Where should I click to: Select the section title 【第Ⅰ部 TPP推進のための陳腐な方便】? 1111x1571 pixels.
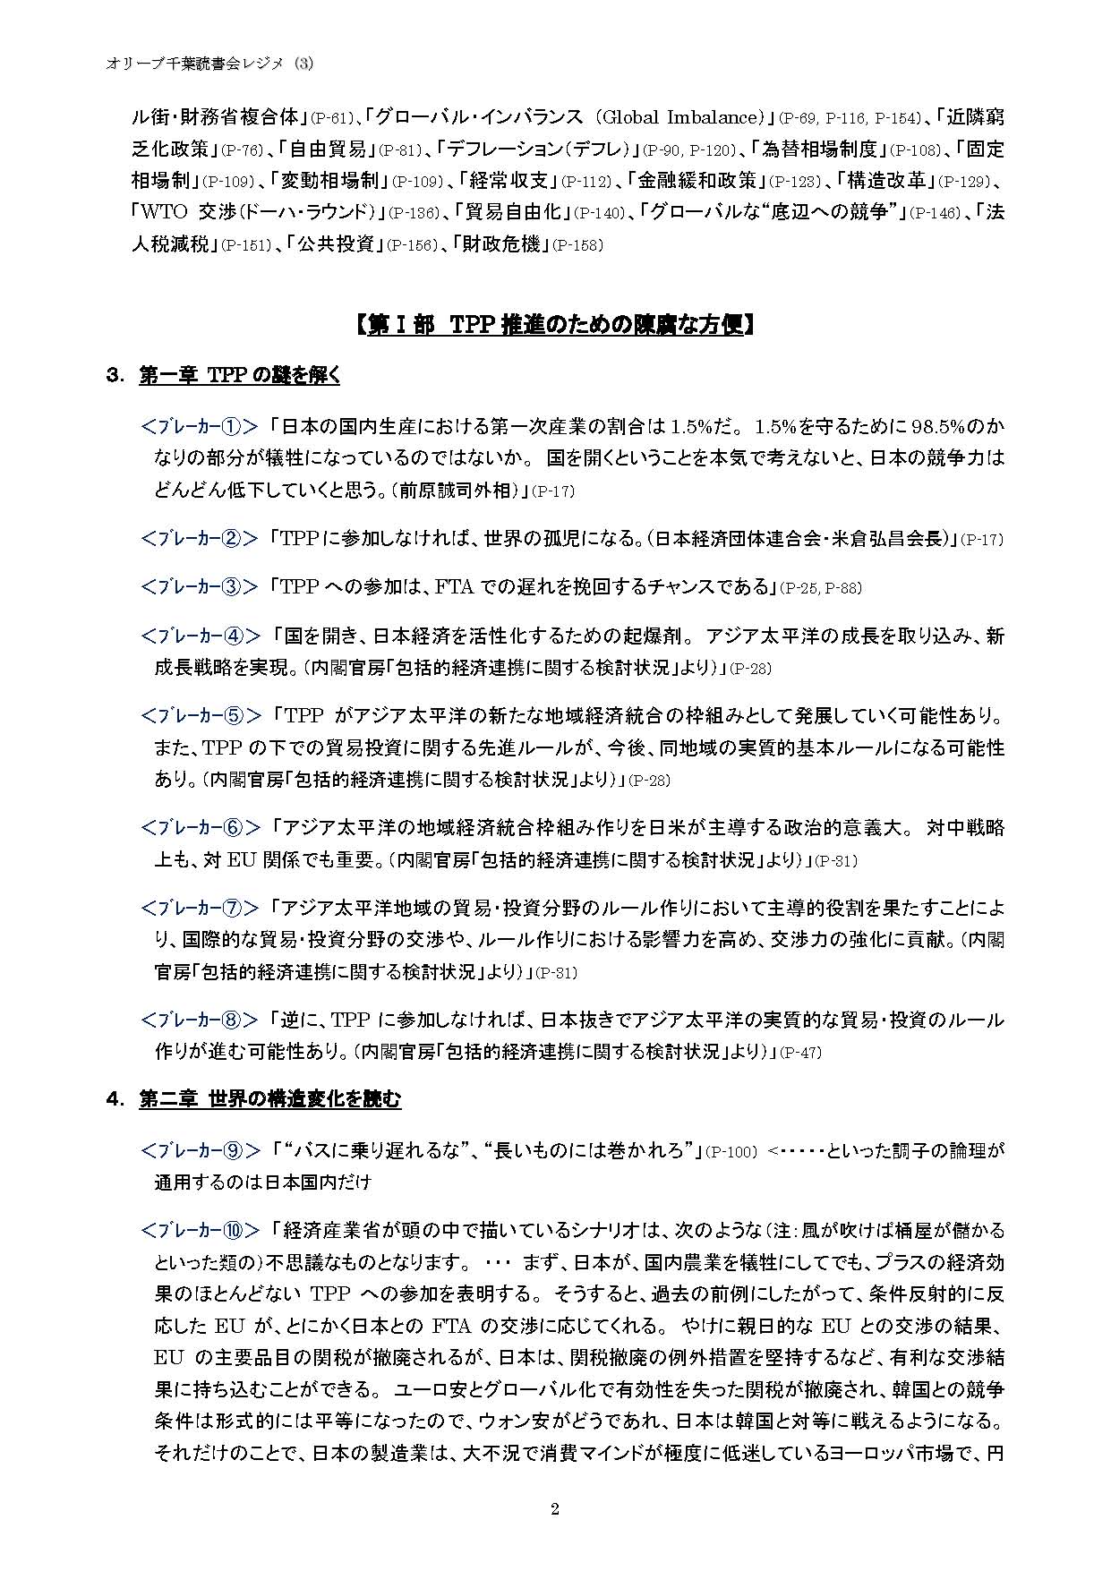(x=555, y=324)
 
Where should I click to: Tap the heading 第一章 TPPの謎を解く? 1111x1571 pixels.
(x=239, y=376)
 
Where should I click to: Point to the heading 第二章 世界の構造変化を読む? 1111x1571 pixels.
(x=269, y=1099)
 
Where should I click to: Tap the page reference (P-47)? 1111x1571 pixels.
(x=799, y=1053)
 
